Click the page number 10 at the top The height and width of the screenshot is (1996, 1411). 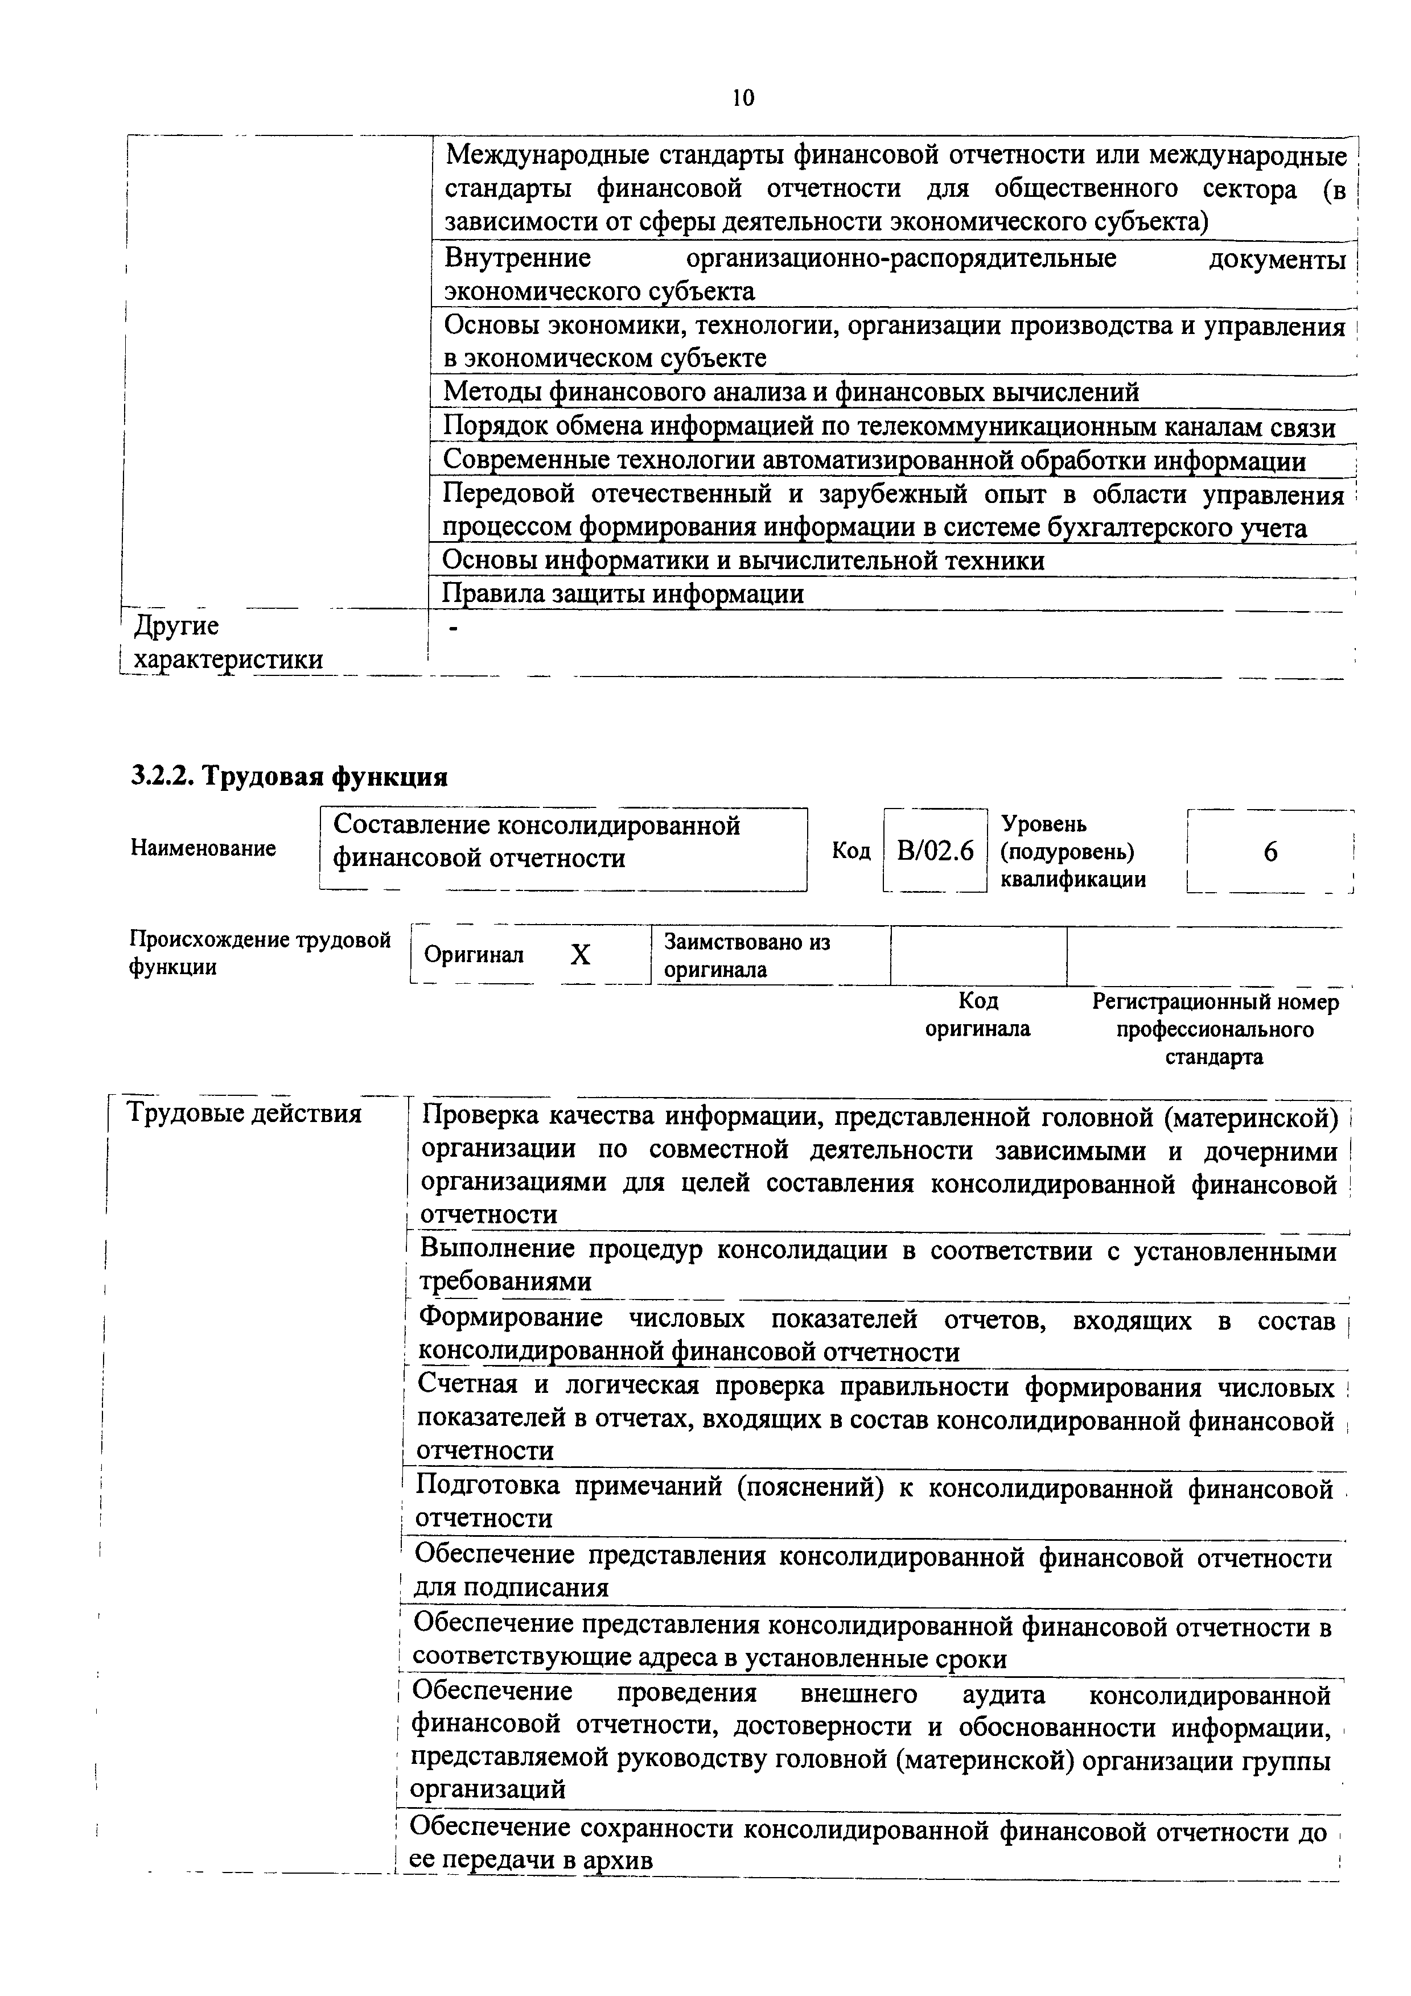click(743, 97)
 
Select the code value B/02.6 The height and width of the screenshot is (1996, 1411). click(936, 850)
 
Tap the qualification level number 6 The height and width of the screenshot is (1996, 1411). click(1270, 852)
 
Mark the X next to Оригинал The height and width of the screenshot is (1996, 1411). click(580, 955)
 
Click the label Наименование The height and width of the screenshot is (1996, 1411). click(203, 848)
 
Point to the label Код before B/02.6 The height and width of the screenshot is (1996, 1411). click(851, 850)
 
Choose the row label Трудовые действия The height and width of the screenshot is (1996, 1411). click(244, 1114)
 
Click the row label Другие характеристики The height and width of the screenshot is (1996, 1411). click(228, 642)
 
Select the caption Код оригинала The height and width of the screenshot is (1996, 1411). click(977, 1015)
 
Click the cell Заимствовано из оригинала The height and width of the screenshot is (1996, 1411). click(746, 955)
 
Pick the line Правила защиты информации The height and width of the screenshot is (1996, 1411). click(623, 594)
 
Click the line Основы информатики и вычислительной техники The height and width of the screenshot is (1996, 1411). click(743, 560)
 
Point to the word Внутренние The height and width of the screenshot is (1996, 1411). click(517, 258)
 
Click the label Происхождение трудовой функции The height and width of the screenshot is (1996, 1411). click(260, 953)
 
